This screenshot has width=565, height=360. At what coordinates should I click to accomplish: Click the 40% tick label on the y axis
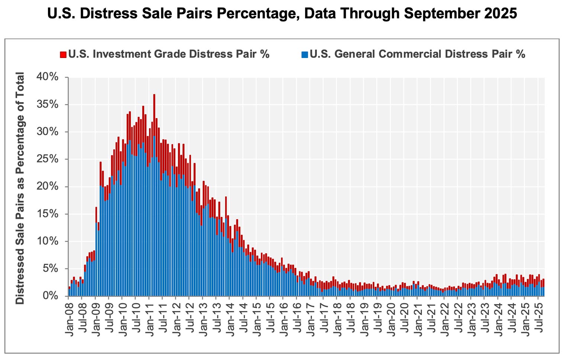pyautogui.click(x=47, y=77)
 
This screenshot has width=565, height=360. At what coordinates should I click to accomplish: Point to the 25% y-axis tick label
pyautogui.click(x=47, y=159)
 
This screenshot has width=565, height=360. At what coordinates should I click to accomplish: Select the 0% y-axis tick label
pyautogui.click(x=50, y=296)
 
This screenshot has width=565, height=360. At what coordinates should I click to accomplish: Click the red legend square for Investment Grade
pyautogui.click(x=63, y=55)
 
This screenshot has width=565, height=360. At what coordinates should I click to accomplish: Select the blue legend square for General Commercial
pyautogui.click(x=305, y=55)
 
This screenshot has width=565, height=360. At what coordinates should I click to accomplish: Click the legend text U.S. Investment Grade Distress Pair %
pyautogui.click(x=169, y=54)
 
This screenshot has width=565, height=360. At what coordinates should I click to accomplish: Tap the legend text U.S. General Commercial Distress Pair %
pyautogui.click(x=417, y=54)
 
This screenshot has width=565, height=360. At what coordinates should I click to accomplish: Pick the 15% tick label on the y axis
pyautogui.click(x=47, y=214)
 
